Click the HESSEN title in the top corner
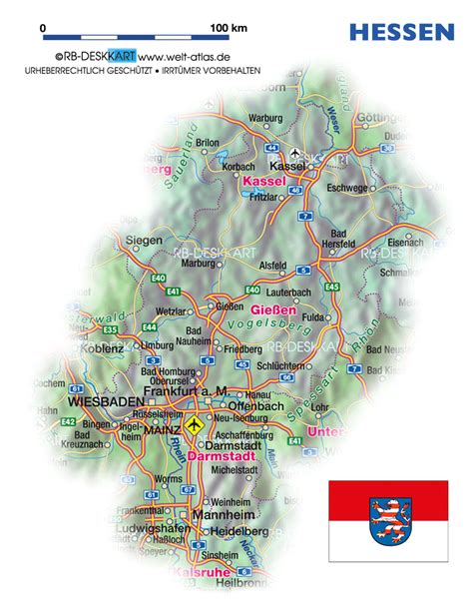point(401,32)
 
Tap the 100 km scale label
point(229,29)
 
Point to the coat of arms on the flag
point(389,519)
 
